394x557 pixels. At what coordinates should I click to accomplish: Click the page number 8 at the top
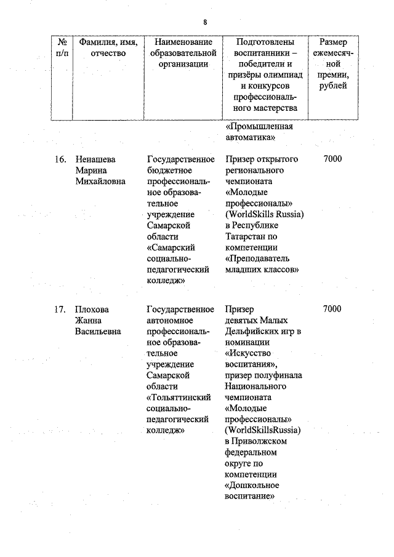click(x=204, y=23)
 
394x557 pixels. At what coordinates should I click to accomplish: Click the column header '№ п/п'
click(x=62, y=47)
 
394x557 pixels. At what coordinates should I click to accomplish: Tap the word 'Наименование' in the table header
click(x=184, y=42)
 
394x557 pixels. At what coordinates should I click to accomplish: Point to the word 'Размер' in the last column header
click(x=333, y=42)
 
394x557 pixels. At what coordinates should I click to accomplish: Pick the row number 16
click(x=59, y=159)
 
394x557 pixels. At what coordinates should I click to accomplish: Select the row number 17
click(x=59, y=309)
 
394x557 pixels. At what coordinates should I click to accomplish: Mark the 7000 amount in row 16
click(x=332, y=159)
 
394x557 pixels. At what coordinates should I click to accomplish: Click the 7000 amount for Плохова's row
click(x=332, y=309)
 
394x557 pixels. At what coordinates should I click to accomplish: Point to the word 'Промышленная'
click(x=259, y=127)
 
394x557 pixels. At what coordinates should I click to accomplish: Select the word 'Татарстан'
click(x=246, y=236)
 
